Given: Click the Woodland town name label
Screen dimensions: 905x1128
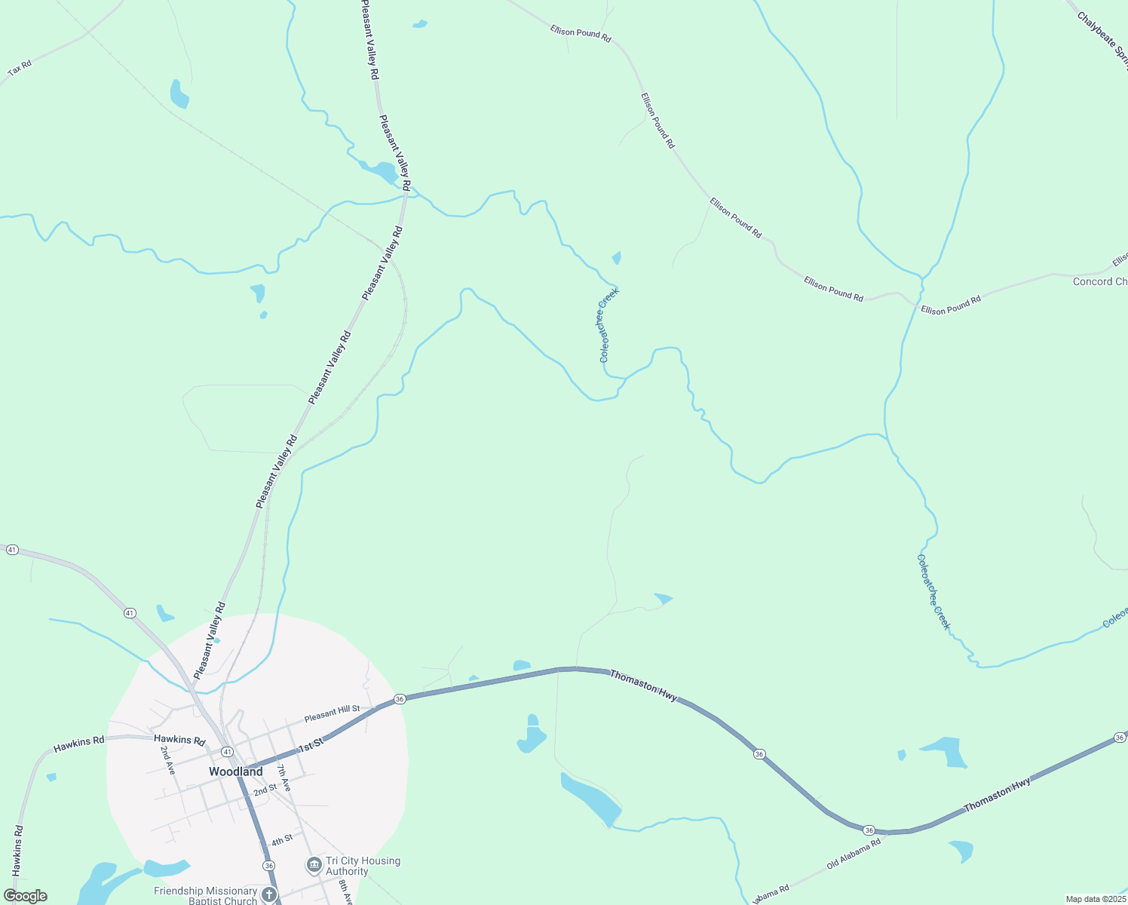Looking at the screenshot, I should click(x=235, y=772).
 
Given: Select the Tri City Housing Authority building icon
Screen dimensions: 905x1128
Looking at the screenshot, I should click(x=314, y=865).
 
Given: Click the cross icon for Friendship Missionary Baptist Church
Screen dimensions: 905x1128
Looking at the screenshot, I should click(x=269, y=896).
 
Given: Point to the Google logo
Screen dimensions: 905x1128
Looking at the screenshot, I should click(x=26, y=896).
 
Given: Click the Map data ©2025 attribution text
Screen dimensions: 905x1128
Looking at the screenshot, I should click(x=1095, y=899).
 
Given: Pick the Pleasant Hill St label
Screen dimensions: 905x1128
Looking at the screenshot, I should click(x=333, y=714).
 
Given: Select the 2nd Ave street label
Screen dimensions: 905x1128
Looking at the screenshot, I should click(x=167, y=760).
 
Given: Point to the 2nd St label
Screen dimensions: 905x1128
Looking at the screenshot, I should click(x=265, y=790).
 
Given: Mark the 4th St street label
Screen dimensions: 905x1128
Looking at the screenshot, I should click(x=282, y=840).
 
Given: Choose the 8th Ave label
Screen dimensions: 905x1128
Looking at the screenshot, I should click(x=345, y=891).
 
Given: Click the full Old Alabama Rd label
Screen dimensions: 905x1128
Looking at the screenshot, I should click(x=854, y=854).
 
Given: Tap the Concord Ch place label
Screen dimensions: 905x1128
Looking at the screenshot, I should click(x=1099, y=281).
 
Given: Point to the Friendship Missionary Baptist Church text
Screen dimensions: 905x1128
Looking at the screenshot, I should click(x=205, y=896).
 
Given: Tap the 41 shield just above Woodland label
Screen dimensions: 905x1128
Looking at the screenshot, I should click(x=227, y=751).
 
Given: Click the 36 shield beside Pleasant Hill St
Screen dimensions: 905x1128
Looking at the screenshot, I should click(x=400, y=699).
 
